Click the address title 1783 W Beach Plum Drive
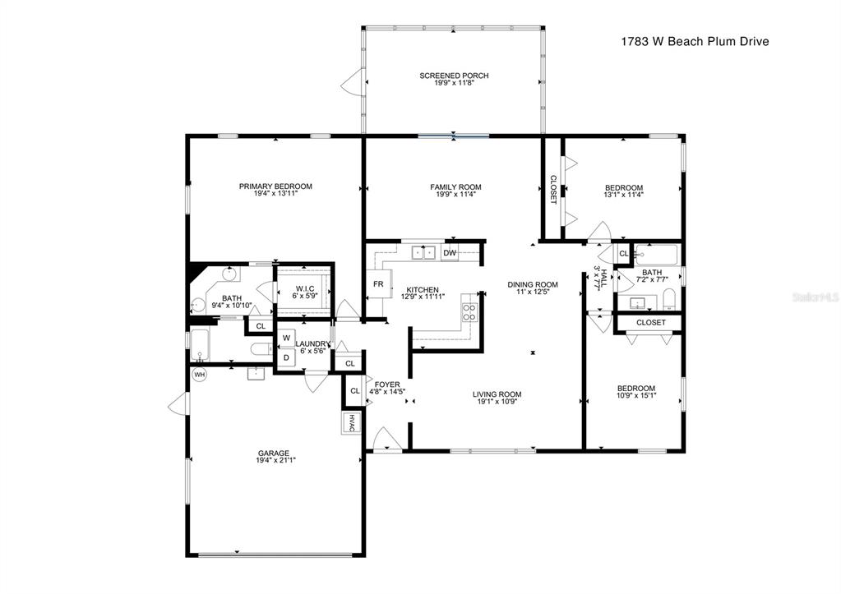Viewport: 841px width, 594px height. coord(695,41)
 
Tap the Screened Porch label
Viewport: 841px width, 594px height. coord(454,76)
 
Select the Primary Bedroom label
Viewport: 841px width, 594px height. coord(275,186)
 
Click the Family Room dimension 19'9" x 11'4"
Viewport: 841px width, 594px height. coord(455,194)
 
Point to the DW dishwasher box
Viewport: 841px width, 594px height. coord(450,253)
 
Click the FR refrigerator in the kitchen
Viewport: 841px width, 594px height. coord(378,284)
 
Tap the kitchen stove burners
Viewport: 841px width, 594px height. coord(469,312)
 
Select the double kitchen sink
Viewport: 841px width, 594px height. coord(423,252)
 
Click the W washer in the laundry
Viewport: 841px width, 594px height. coord(286,338)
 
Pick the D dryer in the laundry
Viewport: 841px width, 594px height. coord(286,357)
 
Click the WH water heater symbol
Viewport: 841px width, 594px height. coord(200,375)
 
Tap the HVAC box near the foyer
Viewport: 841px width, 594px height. coord(351,422)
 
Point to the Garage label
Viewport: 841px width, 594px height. coord(277,453)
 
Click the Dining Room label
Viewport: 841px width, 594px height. coord(533,284)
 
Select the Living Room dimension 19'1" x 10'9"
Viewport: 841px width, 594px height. coord(497,402)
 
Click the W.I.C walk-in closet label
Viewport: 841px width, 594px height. coord(304,289)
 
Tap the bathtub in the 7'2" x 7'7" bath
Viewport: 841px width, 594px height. coord(657,255)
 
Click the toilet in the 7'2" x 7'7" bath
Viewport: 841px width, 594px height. coord(669,300)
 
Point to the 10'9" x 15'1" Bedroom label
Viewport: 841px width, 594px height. coord(636,389)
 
